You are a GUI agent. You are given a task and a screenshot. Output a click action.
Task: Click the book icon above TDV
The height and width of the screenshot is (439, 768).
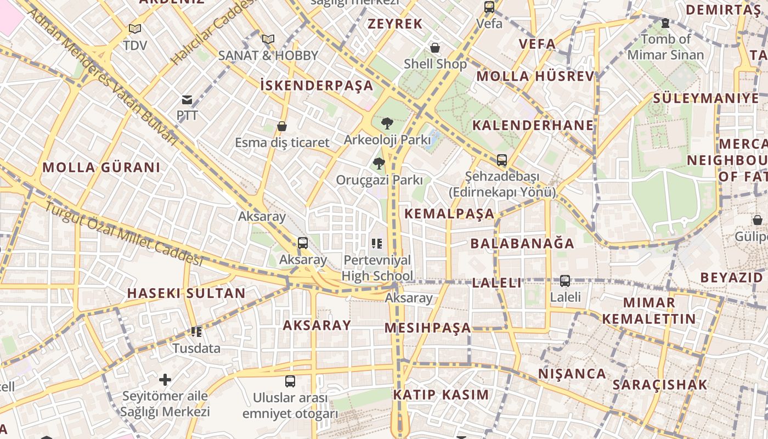(135, 29)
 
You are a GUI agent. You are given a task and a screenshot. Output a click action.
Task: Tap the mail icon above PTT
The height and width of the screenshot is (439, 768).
(187, 100)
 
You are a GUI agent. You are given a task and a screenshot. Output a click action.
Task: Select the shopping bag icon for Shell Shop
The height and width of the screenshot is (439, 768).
(435, 48)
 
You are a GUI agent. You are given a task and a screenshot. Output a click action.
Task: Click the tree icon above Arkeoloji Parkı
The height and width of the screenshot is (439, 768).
(387, 123)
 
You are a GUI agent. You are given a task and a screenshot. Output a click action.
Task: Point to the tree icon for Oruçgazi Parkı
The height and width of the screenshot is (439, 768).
(379, 164)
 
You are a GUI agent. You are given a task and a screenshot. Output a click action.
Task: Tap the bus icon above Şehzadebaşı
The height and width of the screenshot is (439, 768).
(501, 160)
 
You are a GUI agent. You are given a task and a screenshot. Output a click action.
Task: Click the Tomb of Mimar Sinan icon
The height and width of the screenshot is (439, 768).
(665, 23)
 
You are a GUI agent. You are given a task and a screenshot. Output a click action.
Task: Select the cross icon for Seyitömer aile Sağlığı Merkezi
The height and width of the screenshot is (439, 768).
(165, 380)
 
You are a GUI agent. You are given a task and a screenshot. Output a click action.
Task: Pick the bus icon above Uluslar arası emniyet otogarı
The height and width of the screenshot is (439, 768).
(290, 381)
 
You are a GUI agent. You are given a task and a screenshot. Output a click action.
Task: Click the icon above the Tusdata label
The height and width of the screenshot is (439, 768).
(196, 331)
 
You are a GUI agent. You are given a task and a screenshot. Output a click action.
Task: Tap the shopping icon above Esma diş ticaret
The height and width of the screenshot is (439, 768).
(282, 127)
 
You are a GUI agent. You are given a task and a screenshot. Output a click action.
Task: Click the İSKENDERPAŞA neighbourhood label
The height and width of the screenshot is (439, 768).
(317, 86)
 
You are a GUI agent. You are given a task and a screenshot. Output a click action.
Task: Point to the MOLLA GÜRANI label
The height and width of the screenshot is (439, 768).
(101, 167)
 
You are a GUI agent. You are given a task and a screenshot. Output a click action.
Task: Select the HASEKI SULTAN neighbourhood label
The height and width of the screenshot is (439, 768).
(187, 293)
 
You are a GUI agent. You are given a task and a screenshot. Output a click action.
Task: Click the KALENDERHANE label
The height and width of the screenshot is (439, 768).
(533, 125)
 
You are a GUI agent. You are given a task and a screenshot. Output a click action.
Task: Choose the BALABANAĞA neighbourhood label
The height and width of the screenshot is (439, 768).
(522, 243)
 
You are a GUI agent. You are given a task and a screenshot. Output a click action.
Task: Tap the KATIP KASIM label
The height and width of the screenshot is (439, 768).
(441, 395)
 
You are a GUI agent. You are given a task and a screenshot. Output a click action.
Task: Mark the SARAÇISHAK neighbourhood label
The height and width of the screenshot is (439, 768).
(660, 385)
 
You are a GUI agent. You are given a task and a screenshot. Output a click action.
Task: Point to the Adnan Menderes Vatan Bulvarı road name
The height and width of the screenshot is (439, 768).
(103, 77)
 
